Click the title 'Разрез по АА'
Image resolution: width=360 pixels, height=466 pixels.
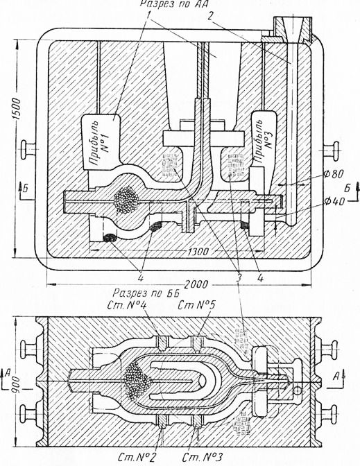pos(175,3)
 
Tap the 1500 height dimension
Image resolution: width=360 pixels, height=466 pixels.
pos(17,108)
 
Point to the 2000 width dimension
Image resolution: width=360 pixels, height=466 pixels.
pos(196,285)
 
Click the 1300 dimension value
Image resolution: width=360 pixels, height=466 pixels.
pos(198,252)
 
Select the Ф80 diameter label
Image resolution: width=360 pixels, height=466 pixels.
pos(333,173)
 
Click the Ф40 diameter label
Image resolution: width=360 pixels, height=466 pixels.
pos(334,202)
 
